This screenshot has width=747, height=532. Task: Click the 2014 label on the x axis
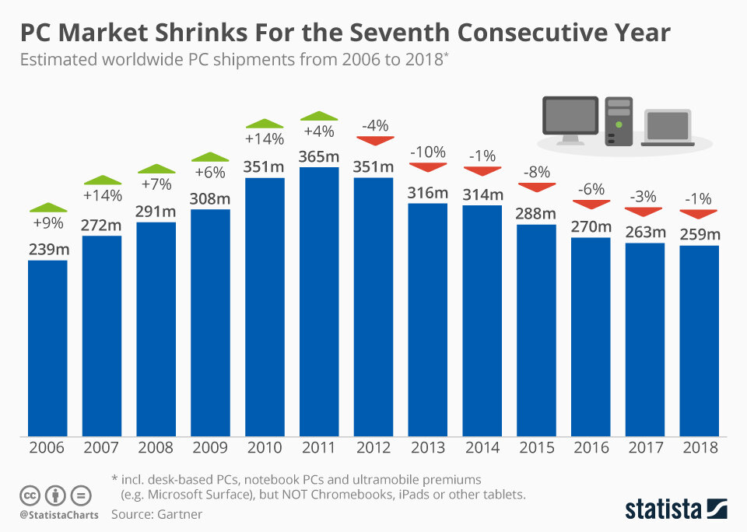[482, 448]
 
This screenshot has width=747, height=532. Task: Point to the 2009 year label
[210, 448]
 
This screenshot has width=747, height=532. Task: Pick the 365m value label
[319, 156]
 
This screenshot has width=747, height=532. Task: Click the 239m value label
[47, 249]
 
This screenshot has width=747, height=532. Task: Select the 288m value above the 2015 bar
[536, 214]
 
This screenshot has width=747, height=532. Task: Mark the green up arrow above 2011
[319, 116]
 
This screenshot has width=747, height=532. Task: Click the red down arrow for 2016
[591, 205]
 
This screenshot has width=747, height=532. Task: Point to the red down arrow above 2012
[373, 140]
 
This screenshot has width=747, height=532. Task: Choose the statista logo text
[665, 509]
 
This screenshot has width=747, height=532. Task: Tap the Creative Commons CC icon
[30, 495]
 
